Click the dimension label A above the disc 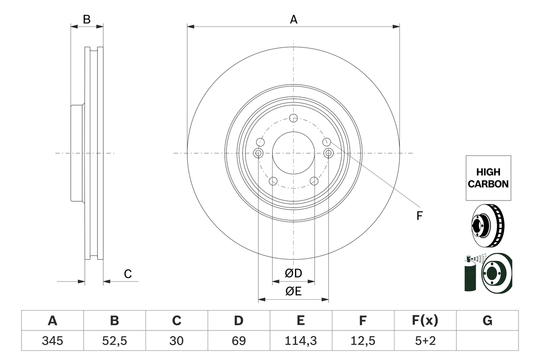tap(293, 19)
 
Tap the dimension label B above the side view tap(86, 19)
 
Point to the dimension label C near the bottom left tap(128, 274)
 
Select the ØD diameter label tap(293, 273)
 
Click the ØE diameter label tap(293, 292)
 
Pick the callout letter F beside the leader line tap(419, 216)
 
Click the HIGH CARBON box tap(488, 178)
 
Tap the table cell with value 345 tap(52, 341)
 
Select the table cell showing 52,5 tap(114, 341)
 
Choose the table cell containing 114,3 tap(300, 341)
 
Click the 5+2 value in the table tap(425, 341)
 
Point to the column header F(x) tap(425, 321)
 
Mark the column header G tap(487, 321)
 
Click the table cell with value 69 tap(238, 341)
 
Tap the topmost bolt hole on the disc tap(294, 118)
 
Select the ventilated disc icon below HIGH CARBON tap(487, 225)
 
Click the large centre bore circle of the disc tap(294, 153)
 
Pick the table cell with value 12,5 tap(362, 341)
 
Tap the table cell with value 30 tap(176, 341)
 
